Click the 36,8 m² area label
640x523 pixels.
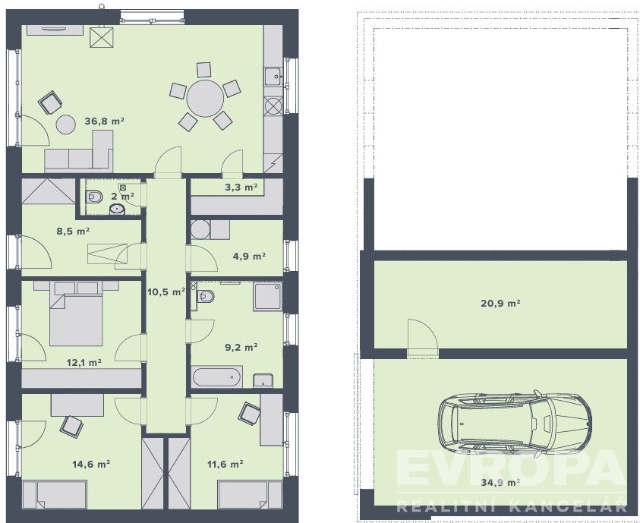[105, 121]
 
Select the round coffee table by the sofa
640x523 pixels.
[65, 124]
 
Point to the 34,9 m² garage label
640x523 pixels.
[501, 482]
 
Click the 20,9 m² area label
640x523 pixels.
[501, 303]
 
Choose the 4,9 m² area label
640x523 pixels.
[248, 256]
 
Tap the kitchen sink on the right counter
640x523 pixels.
[273, 76]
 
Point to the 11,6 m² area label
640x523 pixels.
[224, 463]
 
